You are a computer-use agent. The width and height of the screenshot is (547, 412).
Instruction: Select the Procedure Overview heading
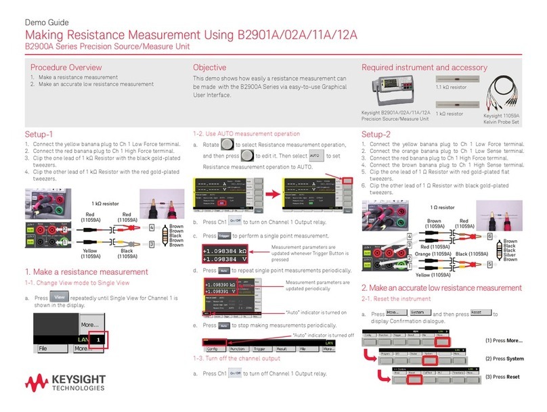(66, 68)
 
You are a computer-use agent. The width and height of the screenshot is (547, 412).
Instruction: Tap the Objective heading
(209, 68)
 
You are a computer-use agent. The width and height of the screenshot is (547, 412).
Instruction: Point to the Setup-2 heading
(376, 134)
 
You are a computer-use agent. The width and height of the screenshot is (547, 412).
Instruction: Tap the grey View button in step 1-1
(60, 296)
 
